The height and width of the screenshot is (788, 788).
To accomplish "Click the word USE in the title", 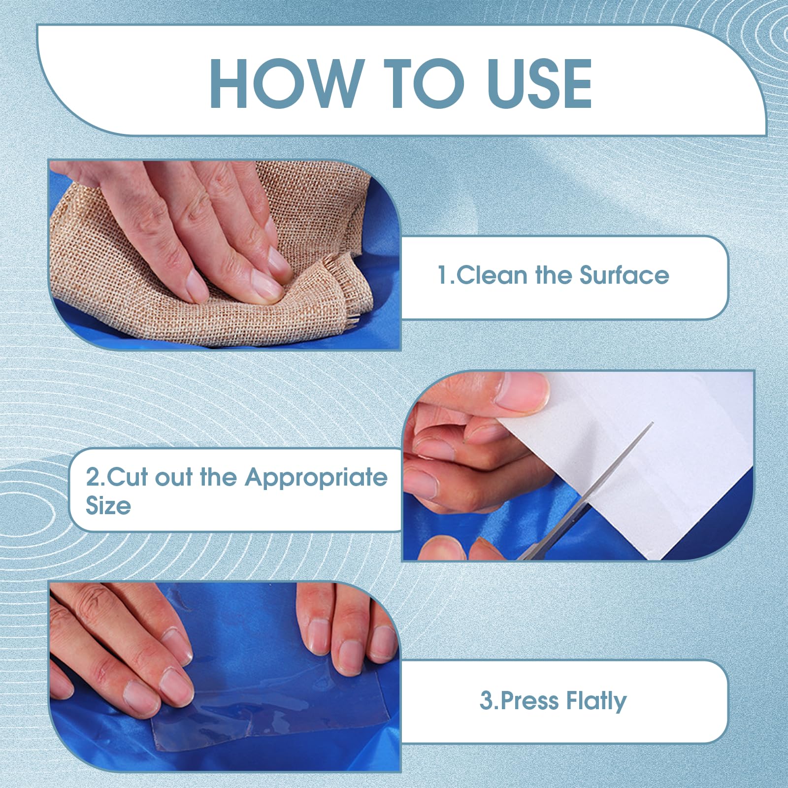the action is coord(539,83).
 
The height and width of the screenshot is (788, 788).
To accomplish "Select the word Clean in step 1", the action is coord(493,275).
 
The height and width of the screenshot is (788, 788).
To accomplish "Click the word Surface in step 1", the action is coord(624,275).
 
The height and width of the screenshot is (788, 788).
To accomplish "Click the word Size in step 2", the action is coord(108,506).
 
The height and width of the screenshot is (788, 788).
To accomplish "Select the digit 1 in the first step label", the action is coord(442,275).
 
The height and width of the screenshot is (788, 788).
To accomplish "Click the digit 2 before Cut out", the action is coord(93,477).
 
